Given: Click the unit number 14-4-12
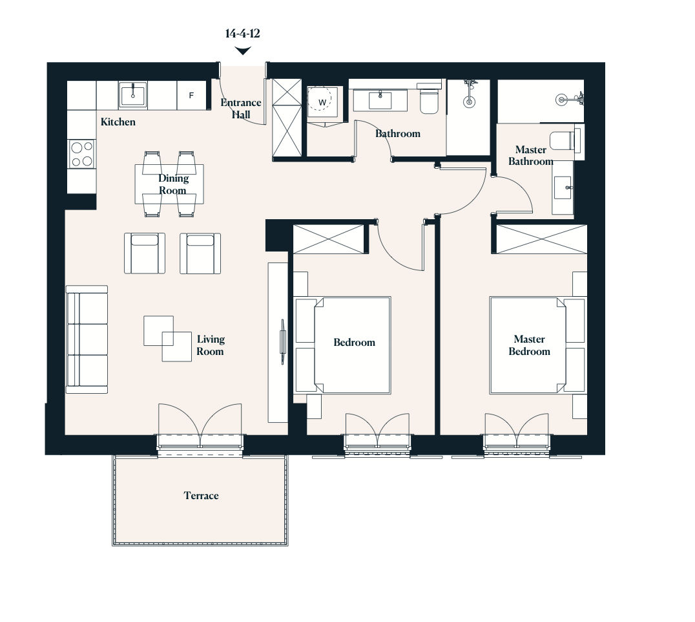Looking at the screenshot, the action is [242, 33].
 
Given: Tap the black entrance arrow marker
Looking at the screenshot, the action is [242, 51].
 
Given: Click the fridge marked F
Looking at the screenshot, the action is [191, 95].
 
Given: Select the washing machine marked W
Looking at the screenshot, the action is [322, 102].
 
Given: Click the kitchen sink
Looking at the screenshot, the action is [132, 94].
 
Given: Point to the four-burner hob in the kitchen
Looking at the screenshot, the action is [81, 154].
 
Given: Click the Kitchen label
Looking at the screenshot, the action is [118, 122].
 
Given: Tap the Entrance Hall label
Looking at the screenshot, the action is [241, 109].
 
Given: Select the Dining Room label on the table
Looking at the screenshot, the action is [173, 184].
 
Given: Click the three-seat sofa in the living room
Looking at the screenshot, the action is [87, 339].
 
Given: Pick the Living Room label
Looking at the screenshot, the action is [211, 345].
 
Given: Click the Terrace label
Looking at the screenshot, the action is [202, 495].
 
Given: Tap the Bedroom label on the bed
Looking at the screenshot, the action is [354, 343].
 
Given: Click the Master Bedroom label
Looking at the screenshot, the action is [529, 345].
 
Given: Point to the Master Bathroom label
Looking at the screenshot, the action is [530, 155].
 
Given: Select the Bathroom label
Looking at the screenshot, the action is [398, 134].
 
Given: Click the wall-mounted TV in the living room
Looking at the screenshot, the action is [282, 341].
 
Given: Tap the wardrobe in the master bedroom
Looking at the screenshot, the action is [542, 239].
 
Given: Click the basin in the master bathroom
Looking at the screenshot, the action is [563, 188].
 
